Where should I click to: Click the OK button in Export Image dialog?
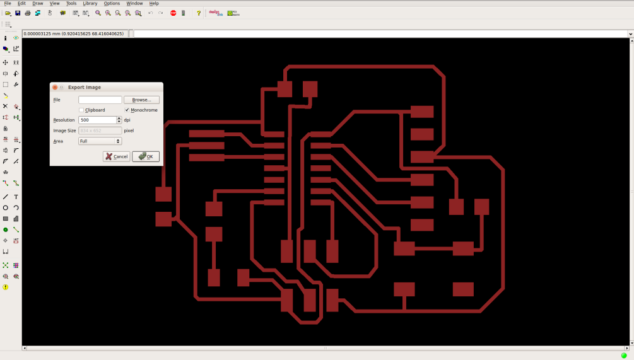click(x=146, y=156)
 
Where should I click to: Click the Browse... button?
click(x=141, y=100)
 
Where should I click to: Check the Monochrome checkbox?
click(x=127, y=110)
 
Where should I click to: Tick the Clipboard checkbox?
click(x=81, y=110)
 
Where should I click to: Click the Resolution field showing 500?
click(x=97, y=120)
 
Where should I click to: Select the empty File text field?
click(x=100, y=100)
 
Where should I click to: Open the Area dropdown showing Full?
click(x=100, y=141)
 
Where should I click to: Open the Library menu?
click(x=90, y=3)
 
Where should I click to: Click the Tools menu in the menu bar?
click(x=71, y=3)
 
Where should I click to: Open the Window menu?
click(x=134, y=3)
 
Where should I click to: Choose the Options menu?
click(x=112, y=3)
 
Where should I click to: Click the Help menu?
click(x=154, y=3)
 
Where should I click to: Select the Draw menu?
click(x=38, y=3)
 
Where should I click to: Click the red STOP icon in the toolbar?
click(x=173, y=13)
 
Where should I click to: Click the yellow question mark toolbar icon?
click(x=199, y=13)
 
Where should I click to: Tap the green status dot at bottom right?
click(x=624, y=356)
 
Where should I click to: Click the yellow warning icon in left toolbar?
click(x=6, y=287)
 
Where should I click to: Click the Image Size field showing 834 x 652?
click(x=100, y=131)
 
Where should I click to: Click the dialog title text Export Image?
click(x=85, y=87)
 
